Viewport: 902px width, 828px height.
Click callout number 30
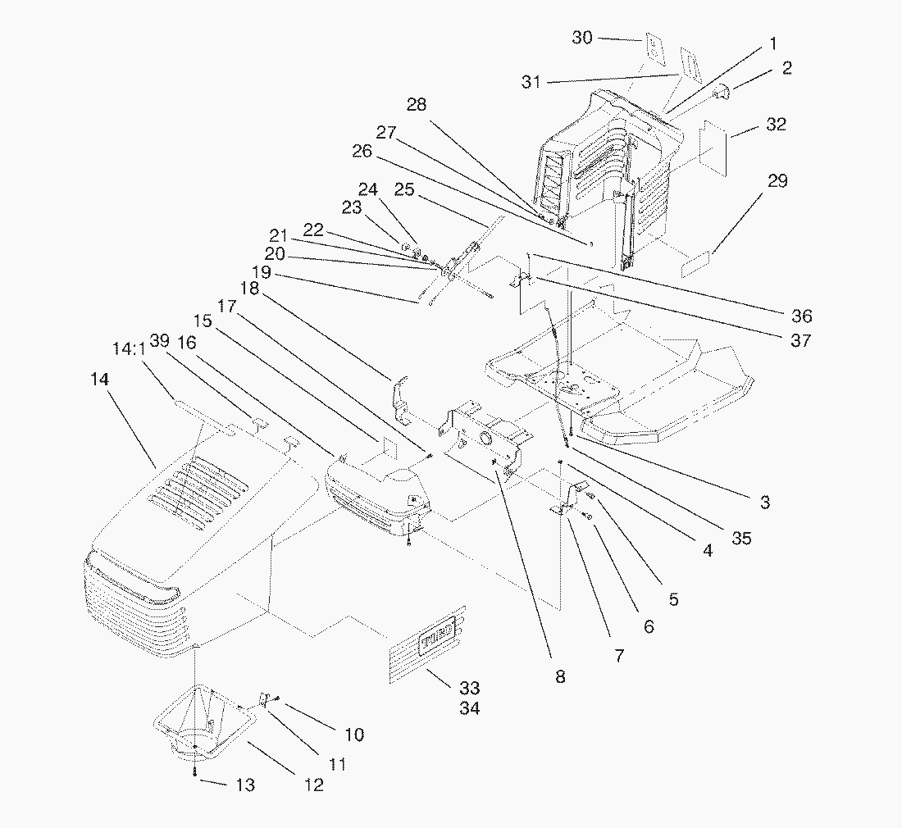coord(582,38)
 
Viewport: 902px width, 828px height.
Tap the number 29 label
coord(777,180)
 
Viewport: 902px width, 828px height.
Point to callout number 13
coord(245,785)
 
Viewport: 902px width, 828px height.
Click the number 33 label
coord(470,688)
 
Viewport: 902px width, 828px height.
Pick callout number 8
coord(560,676)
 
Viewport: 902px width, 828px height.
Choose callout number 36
coord(801,316)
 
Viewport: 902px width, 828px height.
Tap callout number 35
coord(741,539)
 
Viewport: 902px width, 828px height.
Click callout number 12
coord(312,785)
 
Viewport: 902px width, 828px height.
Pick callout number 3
coord(764,503)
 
